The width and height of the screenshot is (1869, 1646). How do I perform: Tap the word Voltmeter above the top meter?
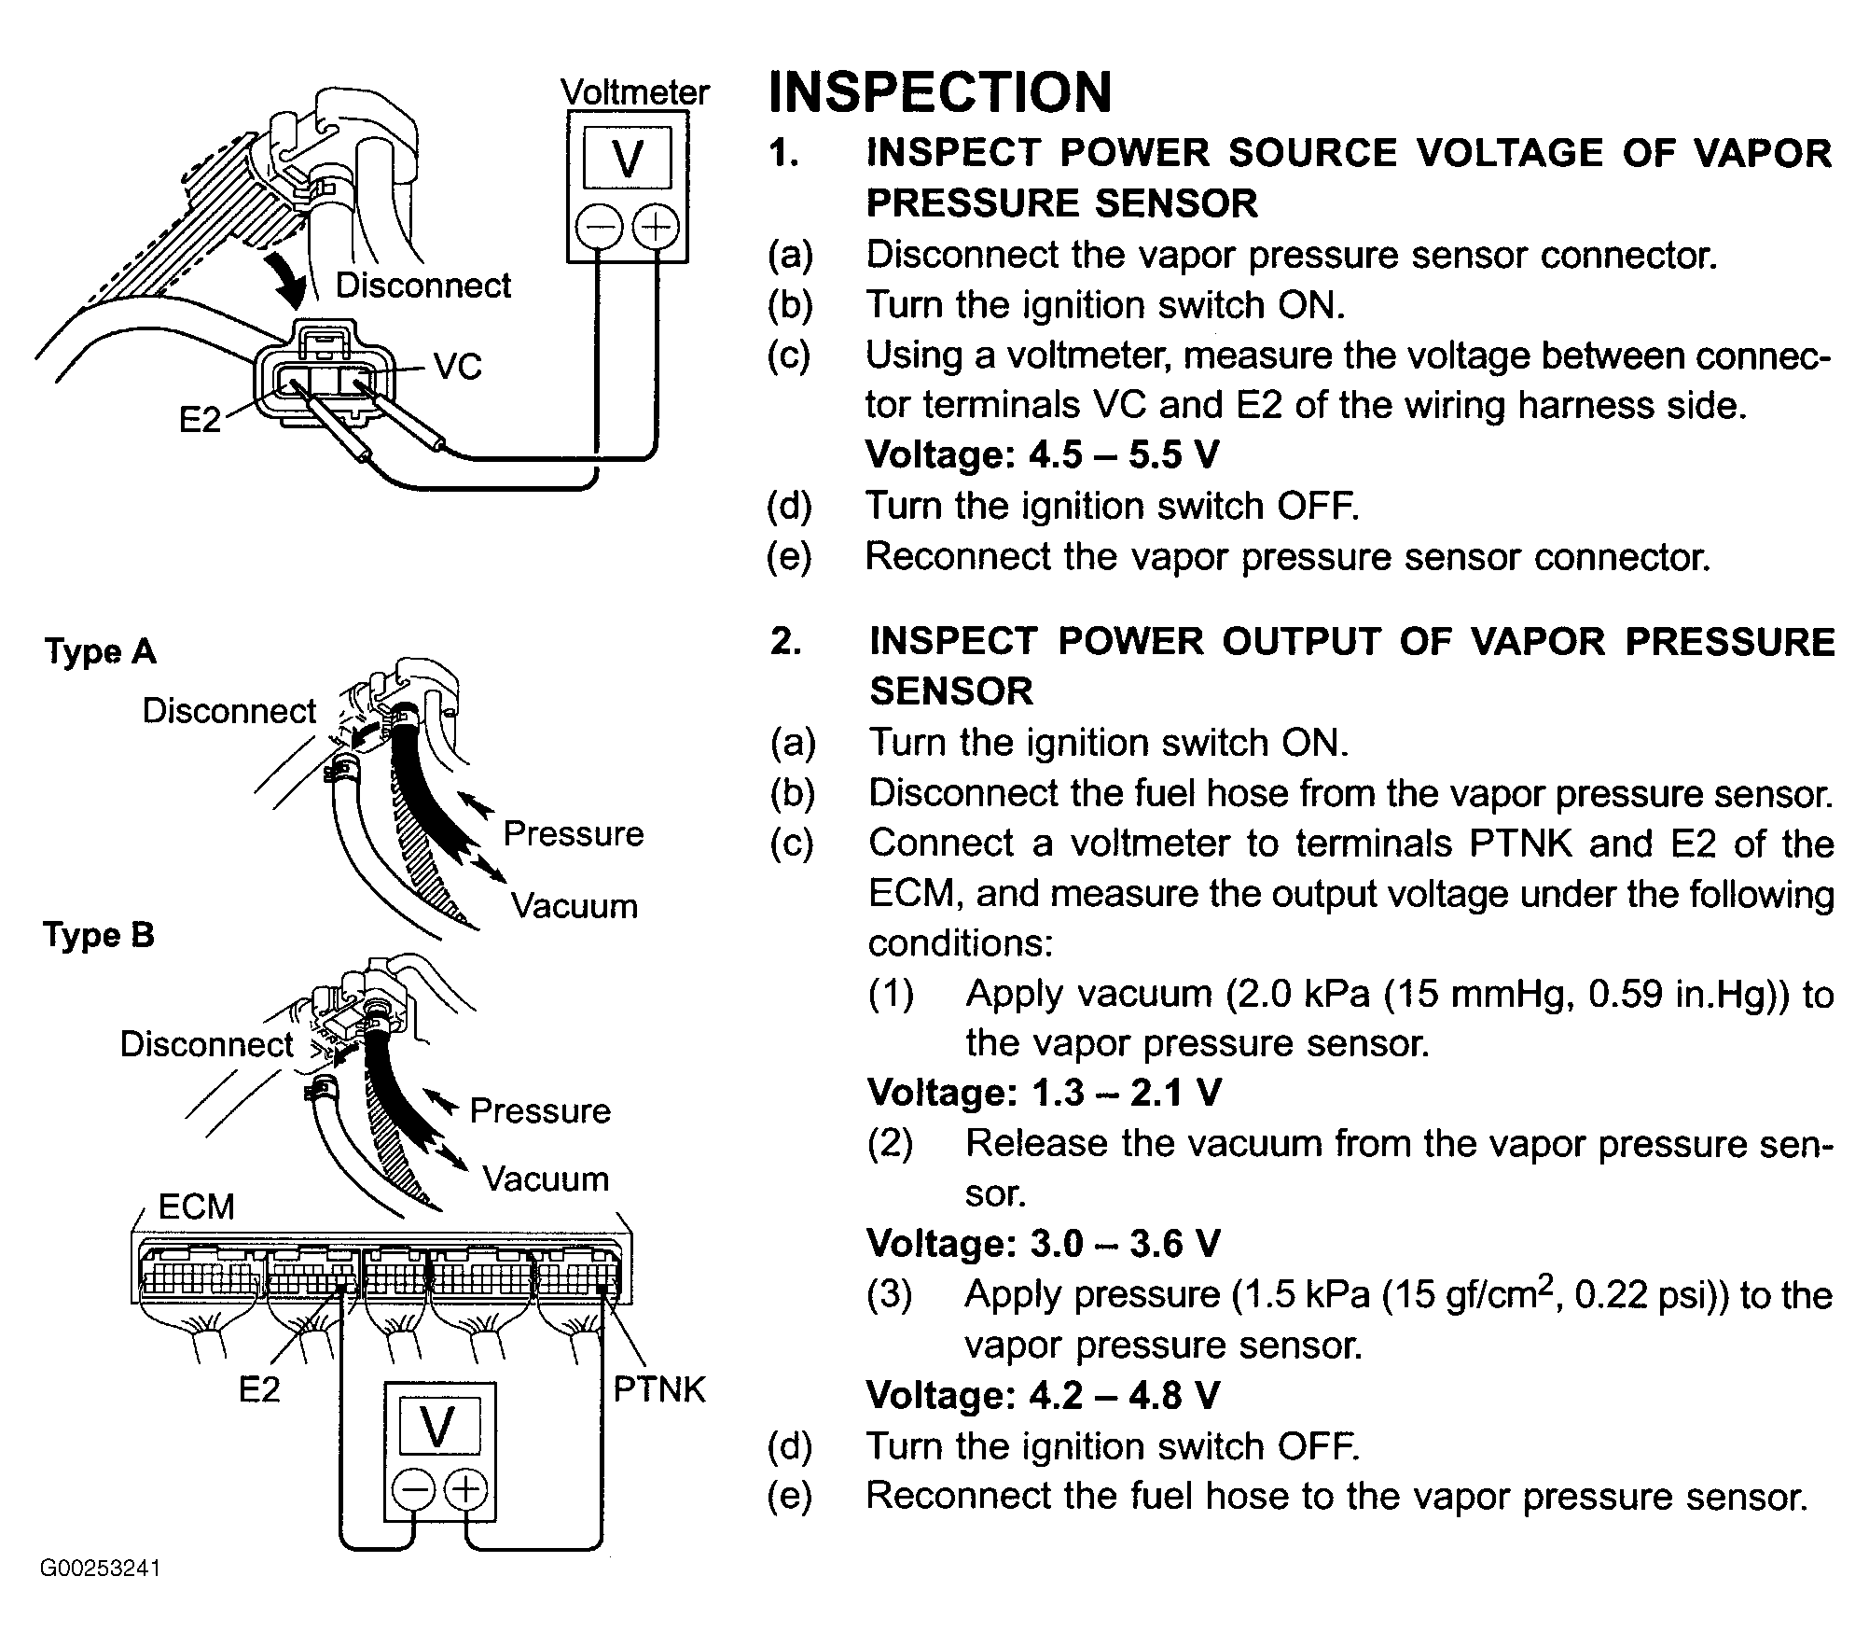tap(635, 92)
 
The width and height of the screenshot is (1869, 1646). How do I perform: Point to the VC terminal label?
tap(458, 367)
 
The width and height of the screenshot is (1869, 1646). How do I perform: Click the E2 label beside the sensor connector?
tap(201, 421)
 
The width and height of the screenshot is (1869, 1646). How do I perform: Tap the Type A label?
tap(101, 651)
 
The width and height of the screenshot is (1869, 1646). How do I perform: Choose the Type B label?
tap(99, 934)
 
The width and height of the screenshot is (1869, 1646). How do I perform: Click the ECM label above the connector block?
tap(196, 1207)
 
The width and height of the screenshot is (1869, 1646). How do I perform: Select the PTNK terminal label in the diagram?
tap(659, 1389)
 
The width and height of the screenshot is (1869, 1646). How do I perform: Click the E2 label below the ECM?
tap(259, 1390)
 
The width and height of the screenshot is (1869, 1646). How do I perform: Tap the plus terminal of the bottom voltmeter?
tap(465, 1489)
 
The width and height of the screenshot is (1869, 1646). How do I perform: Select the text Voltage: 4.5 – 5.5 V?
tap(1043, 455)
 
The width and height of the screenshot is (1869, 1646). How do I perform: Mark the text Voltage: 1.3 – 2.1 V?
tap(1044, 1093)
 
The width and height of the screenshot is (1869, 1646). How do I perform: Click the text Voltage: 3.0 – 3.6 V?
tap(1044, 1244)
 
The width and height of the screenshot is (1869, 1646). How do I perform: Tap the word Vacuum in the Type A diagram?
tap(575, 906)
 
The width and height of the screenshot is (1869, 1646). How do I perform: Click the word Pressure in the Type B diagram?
tap(540, 1110)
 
